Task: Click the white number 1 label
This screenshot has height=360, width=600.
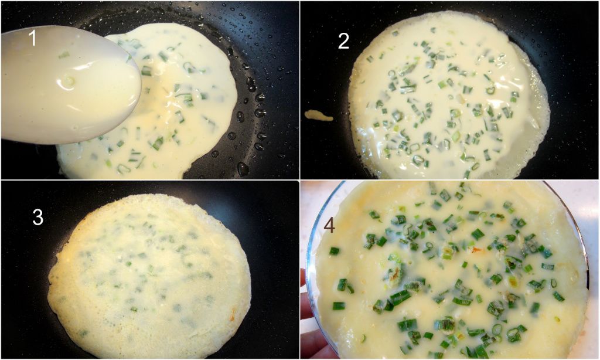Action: click(33, 38)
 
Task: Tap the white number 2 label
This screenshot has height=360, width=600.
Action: click(343, 41)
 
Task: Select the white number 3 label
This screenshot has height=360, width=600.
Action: click(37, 217)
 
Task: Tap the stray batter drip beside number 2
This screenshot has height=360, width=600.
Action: click(318, 116)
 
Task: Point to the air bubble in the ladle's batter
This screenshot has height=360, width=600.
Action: click(69, 81)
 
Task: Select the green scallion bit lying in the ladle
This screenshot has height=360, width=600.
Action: click(64, 56)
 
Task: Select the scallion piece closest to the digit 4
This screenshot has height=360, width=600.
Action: click(335, 251)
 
